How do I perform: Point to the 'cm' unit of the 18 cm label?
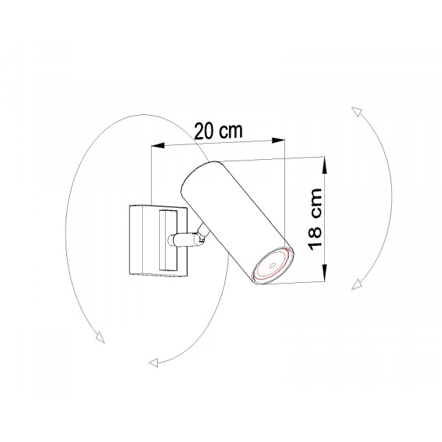[x=315, y=205]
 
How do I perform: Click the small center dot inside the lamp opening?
[x=271, y=263]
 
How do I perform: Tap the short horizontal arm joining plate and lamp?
[x=181, y=239]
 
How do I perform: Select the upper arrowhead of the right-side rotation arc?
[x=355, y=110]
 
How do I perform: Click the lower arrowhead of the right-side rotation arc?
[x=357, y=284]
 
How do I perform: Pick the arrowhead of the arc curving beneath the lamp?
[x=153, y=362]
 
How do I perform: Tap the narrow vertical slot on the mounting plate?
[x=168, y=239]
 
